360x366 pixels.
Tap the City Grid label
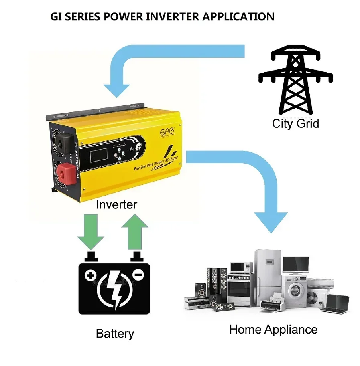tap(295, 123)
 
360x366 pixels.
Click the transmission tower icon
tap(296, 78)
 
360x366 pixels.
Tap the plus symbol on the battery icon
tap(91, 276)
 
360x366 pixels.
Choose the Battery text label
tap(115, 334)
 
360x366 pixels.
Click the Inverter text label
tap(116, 205)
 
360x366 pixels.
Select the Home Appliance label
tap(273, 330)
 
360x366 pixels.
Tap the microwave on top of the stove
tap(241, 267)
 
